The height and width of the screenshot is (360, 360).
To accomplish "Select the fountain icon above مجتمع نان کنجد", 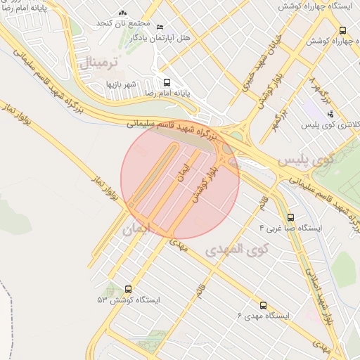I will coord(123,13).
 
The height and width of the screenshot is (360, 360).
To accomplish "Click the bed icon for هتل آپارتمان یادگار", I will coord(160,27).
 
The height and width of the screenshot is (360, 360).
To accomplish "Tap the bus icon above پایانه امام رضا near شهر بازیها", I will coord(167,81).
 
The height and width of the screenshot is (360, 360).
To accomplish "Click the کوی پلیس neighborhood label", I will coord(303,160).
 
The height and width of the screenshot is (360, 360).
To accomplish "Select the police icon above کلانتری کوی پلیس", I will coord(330,113).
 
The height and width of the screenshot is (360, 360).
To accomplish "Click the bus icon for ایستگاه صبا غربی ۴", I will coord(291,217).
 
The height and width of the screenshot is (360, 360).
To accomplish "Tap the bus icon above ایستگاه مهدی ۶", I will coord(263,305).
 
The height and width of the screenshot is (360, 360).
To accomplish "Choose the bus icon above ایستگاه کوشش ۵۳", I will coord(128,288).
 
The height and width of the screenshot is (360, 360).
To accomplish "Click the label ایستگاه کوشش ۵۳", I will coord(129,300).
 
